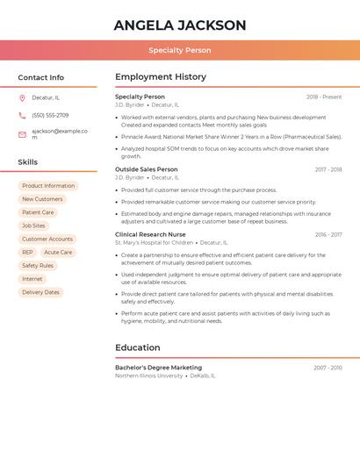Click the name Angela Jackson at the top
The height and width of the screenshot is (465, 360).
point(179,25)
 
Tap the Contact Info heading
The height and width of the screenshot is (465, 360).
point(40,77)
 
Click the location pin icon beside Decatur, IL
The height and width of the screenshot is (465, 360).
point(22,97)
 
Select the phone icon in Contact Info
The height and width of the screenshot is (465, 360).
point(22,115)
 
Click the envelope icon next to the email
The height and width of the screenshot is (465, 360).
point(22,134)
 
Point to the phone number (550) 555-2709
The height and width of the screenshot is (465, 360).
point(50,115)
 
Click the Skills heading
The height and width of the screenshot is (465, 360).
point(27,161)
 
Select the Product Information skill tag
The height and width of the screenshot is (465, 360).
point(48,186)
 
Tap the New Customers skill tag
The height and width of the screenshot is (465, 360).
point(42,199)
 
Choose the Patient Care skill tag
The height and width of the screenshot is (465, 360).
point(38,212)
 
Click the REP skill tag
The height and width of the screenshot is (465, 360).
point(27,252)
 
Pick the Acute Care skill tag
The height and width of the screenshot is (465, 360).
point(58,252)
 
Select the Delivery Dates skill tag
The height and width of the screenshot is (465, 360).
point(40,292)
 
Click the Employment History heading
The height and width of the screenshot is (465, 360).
point(160,76)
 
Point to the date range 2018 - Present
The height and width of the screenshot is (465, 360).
point(324,97)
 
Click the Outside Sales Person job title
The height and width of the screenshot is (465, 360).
point(146,169)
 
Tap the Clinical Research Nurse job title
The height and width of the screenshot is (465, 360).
point(150,234)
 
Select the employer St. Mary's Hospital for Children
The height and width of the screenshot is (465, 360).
point(154,242)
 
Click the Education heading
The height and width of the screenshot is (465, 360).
point(137,347)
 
